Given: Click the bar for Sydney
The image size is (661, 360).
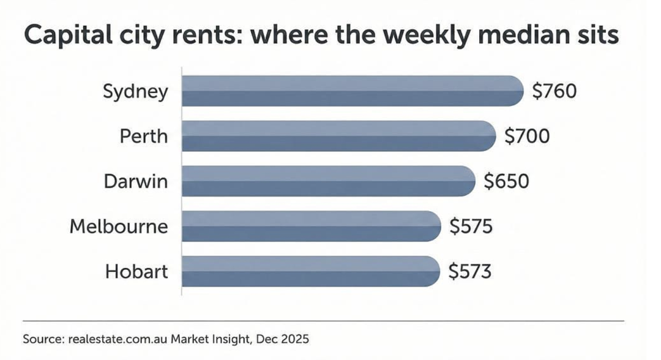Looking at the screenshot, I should (x=353, y=91).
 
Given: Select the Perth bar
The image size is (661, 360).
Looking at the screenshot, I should (x=338, y=136).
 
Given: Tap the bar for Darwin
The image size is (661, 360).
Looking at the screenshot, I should (x=329, y=181).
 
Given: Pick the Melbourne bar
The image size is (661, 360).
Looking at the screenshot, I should (x=312, y=226).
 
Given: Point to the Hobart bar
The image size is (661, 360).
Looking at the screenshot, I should (x=311, y=271).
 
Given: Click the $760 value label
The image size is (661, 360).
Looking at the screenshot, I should (x=554, y=91).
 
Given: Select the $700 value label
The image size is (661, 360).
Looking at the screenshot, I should (x=526, y=136).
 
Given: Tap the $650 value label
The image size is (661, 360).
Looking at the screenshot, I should (x=506, y=181).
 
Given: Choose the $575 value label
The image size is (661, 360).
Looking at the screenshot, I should (x=471, y=226).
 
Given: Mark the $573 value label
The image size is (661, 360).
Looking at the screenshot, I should (x=469, y=271).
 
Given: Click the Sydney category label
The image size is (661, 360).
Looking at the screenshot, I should (x=135, y=92).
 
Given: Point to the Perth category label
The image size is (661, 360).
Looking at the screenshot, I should (x=143, y=136).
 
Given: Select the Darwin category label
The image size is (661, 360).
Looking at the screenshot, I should (x=135, y=181).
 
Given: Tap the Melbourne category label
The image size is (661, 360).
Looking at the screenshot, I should (x=118, y=226).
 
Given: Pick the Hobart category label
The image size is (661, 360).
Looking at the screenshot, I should (x=136, y=271).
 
